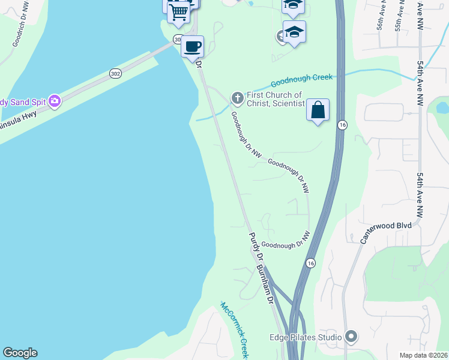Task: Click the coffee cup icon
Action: pos(192,46)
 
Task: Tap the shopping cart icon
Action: pos(178,12)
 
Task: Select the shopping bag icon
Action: pos(318,110)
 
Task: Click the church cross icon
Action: pos(237,97)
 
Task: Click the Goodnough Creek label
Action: pos(301,80)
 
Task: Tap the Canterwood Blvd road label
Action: pos(385,231)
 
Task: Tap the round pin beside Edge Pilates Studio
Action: pos(352,337)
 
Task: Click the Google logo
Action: pos(20,353)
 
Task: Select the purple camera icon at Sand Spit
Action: pos(55,100)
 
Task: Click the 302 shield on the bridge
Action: pos(115,73)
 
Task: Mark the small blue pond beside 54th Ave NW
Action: pos(443,108)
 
